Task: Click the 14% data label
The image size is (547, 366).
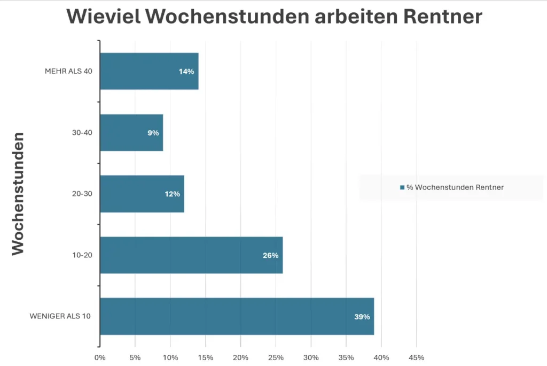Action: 186,72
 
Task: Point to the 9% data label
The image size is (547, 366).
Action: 153,133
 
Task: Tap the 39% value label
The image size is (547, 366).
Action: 362,317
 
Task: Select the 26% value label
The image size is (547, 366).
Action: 270,255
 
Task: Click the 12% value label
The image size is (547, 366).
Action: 172,194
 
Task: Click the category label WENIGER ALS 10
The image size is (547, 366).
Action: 60,316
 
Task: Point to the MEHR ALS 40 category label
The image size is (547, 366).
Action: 68,72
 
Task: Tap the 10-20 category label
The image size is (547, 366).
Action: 83,255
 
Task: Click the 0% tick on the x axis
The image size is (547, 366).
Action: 100,357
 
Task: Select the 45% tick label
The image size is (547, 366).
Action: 416,357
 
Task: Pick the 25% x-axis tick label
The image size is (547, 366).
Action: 276,357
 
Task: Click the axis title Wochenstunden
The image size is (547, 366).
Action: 19,194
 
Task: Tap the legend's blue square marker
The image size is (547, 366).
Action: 402,187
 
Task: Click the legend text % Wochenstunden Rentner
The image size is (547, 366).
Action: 455,187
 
